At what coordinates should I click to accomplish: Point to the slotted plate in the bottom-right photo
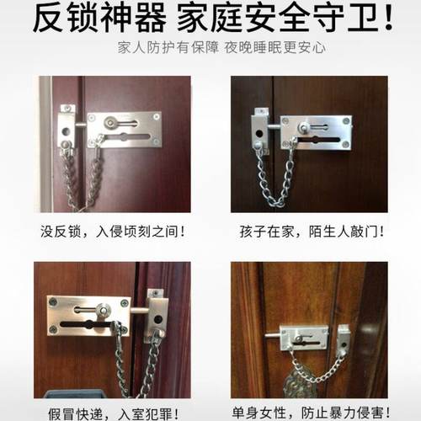(x=299, y=334)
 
